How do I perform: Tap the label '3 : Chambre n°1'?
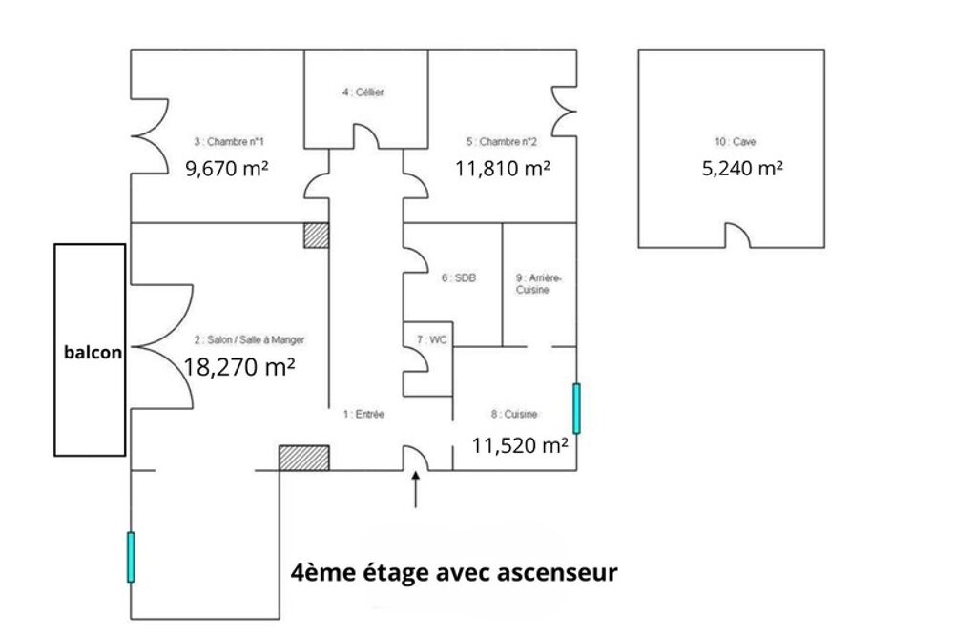tap(228, 142)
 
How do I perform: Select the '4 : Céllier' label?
tap(363, 92)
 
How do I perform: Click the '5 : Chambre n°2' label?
tap(502, 142)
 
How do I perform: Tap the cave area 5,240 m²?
tap(741, 169)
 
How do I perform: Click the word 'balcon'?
tap(93, 352)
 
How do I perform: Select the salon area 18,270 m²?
tap(238, 366)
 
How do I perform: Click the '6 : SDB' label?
tap(458, 278)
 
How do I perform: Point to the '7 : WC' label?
tap(431, 339)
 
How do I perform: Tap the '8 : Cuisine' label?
tap(514, 414)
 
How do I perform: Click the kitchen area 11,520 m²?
tap(521, 443)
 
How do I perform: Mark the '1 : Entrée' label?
tap(363, 414)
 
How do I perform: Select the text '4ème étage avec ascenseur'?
tap(454, 573)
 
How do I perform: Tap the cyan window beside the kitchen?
tap(576, 407)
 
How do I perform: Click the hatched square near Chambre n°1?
tap(316, 235)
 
